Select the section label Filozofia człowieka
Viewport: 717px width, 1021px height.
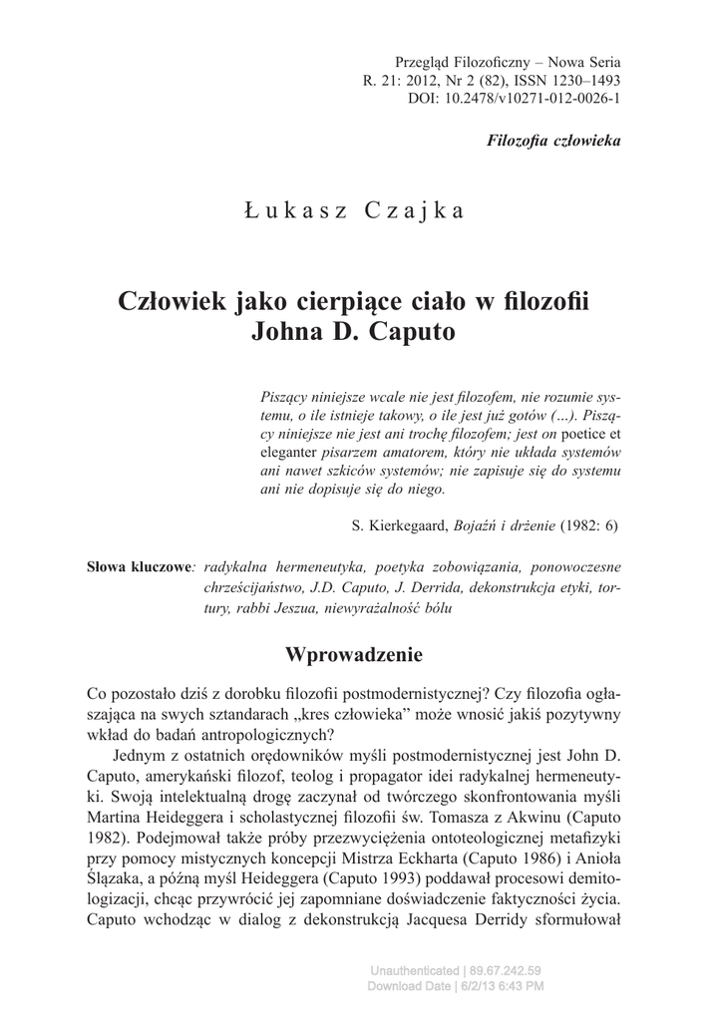(553, 141)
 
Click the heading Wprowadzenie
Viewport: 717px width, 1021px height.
(354, 655)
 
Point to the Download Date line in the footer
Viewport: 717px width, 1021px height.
(455, 986)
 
